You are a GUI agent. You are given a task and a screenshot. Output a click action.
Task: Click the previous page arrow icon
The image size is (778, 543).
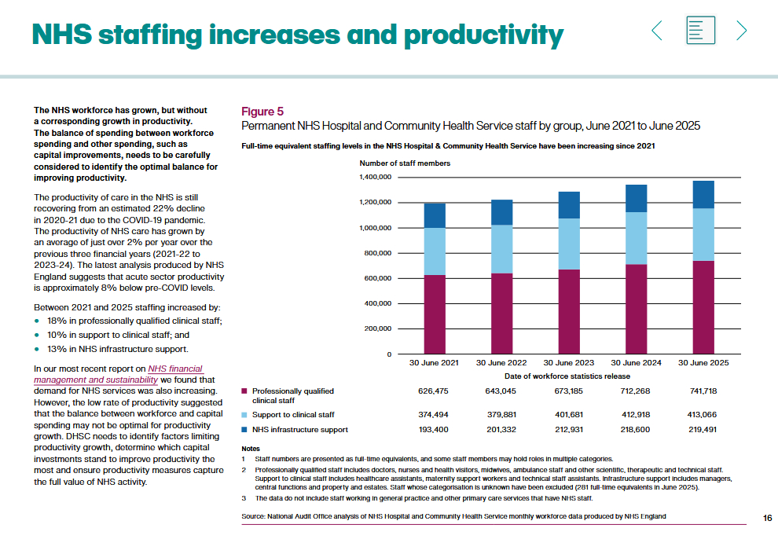click(x=658, y=31)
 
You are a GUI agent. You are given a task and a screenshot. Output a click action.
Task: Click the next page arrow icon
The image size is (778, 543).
click(x=741, y=31)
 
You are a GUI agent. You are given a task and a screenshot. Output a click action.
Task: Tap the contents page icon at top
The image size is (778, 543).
click(x=699, y=31)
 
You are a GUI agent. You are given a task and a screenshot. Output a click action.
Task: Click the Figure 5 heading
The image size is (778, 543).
click(x=262, y=112)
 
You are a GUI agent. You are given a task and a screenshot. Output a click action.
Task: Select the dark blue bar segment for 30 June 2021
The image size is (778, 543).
click(x=435, y=215)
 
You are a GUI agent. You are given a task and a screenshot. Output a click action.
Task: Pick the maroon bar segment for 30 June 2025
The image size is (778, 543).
click(x=703, y=307)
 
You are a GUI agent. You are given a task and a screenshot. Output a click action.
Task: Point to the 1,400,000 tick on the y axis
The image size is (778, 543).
click(x=376, y=178)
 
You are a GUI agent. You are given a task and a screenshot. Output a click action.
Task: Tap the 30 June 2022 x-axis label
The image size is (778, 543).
click(x=501, y=363)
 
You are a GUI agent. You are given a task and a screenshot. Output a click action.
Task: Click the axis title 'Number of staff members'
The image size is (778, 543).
click(x=405, y=163)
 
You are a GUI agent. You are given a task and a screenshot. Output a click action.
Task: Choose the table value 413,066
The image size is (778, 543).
click(x=703, y=414)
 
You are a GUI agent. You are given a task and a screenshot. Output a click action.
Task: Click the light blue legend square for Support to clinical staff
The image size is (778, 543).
click(x=244, y=414)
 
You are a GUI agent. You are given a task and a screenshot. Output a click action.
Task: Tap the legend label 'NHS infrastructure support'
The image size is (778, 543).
click(x=299, y=430)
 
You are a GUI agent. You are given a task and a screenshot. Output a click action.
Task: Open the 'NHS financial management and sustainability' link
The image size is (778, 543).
click(x=118, y=374)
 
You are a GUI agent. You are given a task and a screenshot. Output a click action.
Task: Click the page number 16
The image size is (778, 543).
click(x=768, y=517)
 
